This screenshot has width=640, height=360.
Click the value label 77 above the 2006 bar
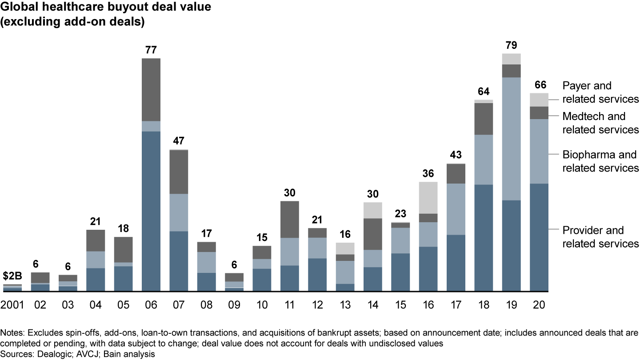[151, 50]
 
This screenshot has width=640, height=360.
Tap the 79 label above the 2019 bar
[511, 45]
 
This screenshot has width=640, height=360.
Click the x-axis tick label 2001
[12, 305]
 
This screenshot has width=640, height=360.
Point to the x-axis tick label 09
[234, 305]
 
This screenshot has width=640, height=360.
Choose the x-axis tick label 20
[539, 305]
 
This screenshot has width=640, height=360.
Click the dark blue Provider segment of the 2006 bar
[151, 211]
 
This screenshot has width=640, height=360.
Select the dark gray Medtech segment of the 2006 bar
[151, 89]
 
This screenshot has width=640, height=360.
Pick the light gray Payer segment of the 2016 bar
[428, 197]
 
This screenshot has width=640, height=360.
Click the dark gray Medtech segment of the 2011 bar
[289, 219]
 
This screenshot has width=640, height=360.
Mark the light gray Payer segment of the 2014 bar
[373, 210]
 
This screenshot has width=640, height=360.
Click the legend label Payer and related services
[600, 92]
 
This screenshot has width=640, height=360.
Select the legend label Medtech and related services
[600, 123]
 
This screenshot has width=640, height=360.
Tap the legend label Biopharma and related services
[600, 161]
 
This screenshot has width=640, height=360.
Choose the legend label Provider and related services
[600, 236]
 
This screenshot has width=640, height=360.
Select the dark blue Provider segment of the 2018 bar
[484, 238]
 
